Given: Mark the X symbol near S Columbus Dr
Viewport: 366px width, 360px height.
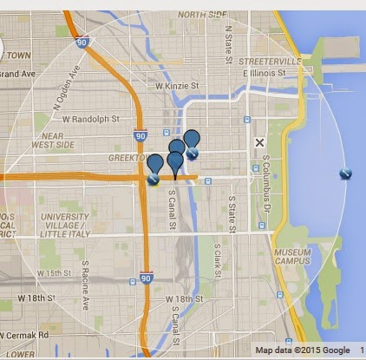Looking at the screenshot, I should click(x=258, y=142).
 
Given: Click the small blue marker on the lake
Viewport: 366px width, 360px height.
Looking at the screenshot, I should click(x=344, y=173).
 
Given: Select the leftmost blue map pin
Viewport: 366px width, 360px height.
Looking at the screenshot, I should click(x=155, y=163).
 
